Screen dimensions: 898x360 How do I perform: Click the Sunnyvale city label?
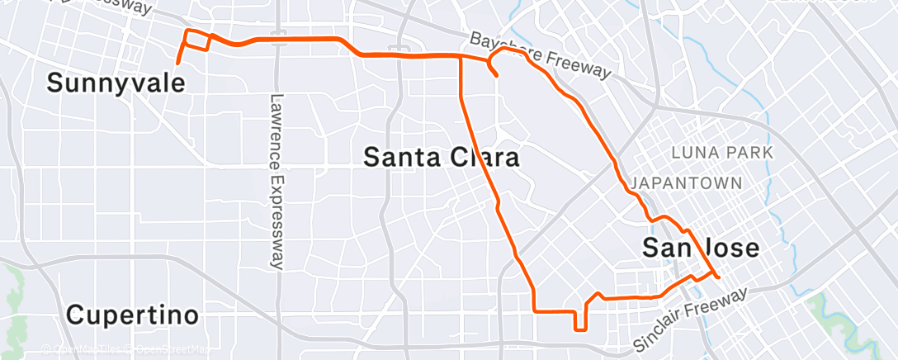click(x=114, y=83)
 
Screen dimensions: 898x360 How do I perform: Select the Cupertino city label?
click(x=132, y=315)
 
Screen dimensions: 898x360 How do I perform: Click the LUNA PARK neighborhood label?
click(x=722, y=153)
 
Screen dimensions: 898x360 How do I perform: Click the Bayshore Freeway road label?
click(x=541, y=56)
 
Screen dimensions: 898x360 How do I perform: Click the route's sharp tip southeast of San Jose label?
click(x=719, y=277)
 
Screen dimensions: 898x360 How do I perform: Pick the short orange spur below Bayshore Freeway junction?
click(x=494, y=69)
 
